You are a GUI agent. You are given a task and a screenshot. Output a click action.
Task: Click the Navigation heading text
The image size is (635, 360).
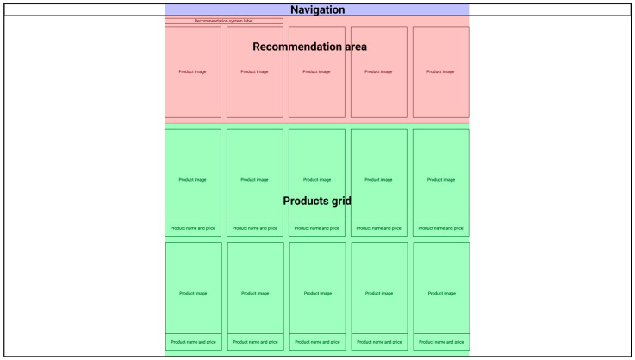coord(317,9)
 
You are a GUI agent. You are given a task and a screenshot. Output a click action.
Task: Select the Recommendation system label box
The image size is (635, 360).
coord(224,21)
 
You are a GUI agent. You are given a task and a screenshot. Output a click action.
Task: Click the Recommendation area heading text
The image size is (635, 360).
coord(309,47)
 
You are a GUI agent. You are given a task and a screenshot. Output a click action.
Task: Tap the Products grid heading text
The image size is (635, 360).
coord(317,201)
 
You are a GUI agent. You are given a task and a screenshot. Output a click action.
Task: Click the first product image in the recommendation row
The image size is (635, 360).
coord(193,71)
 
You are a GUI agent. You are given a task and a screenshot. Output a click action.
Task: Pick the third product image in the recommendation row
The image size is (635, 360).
coord(316,71)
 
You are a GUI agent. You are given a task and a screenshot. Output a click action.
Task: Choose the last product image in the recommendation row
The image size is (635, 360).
coord(440,71)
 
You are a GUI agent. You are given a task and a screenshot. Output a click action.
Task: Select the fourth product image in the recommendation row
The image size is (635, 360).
coord(378,71)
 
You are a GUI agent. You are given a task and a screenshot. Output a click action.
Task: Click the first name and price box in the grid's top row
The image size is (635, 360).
coord(193,228)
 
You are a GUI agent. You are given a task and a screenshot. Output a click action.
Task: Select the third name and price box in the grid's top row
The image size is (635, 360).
coord(316,228)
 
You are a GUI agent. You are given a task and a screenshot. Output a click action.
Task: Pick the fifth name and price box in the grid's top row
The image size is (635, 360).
coord(440,228)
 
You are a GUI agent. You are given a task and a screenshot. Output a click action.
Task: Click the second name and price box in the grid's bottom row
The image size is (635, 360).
coord(255,342)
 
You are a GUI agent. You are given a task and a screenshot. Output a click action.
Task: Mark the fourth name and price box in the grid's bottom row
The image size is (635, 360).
coord(379,342)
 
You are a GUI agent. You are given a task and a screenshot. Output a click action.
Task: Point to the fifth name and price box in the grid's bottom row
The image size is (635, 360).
coord(441,342)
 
